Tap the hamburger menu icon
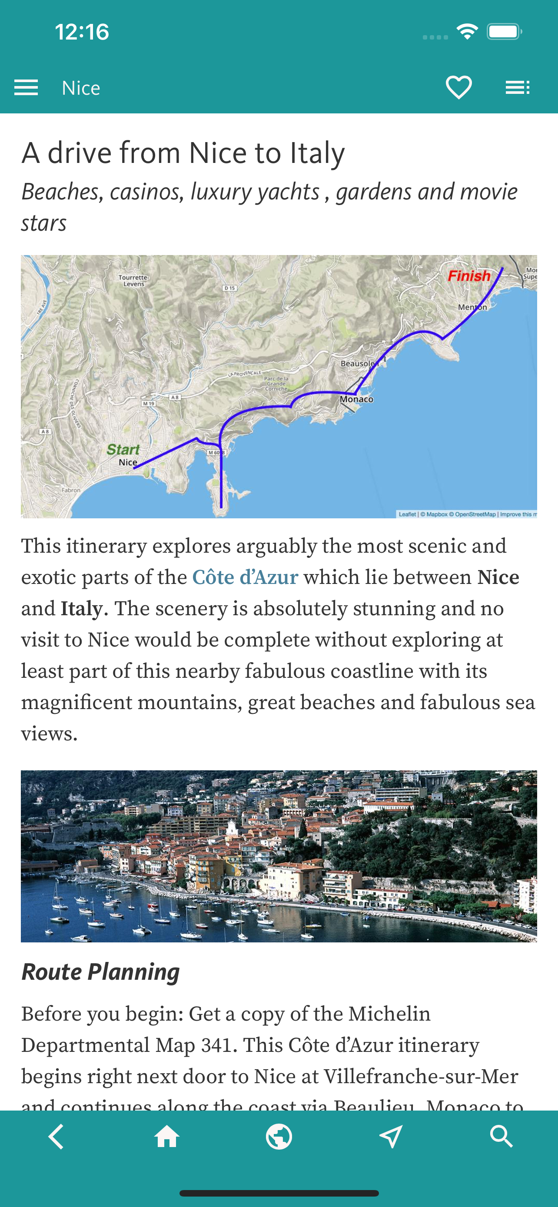26,88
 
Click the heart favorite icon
458,88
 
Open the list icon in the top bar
517,88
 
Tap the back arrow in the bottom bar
56,1137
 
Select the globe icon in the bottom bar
279,1137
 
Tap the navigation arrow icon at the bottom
390,1137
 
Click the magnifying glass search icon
502,1137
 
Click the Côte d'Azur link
245,577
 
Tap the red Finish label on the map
468,276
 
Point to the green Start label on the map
123,450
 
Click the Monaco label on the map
356,399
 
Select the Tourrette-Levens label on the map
134,280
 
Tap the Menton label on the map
472,307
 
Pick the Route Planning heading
101,972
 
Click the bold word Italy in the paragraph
82,609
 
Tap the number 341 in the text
216,1045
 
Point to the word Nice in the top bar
81,88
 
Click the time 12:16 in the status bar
82,32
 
